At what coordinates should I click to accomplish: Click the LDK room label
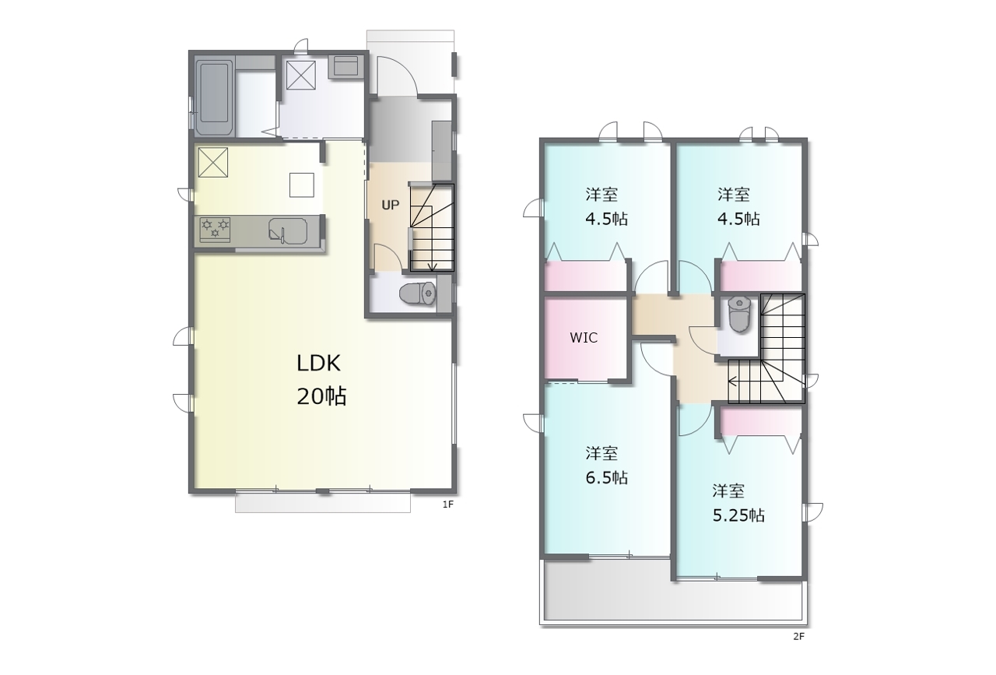click(318, 364)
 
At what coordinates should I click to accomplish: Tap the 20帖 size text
click(321, 396)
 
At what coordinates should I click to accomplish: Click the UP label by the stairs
click(391, 205)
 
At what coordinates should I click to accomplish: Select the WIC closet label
click(584, 338)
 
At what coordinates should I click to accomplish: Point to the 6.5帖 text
click(606, 478)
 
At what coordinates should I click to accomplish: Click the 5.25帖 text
click(738, 515)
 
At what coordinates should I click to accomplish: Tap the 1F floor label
click(447, 504)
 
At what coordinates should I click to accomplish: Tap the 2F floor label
click(798, 637)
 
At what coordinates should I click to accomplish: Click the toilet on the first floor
click(418, 294)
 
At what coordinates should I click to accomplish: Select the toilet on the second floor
click(739, 315)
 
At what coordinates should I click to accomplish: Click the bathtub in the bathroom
click(215, 97)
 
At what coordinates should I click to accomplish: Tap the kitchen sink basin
click(288, 230)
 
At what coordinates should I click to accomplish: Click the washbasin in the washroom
click(345, 66)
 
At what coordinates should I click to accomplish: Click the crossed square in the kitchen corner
click(213, 163)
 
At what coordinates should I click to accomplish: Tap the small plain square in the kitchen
click(302, 185)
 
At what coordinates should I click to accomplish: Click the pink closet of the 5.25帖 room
click(761, 422)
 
